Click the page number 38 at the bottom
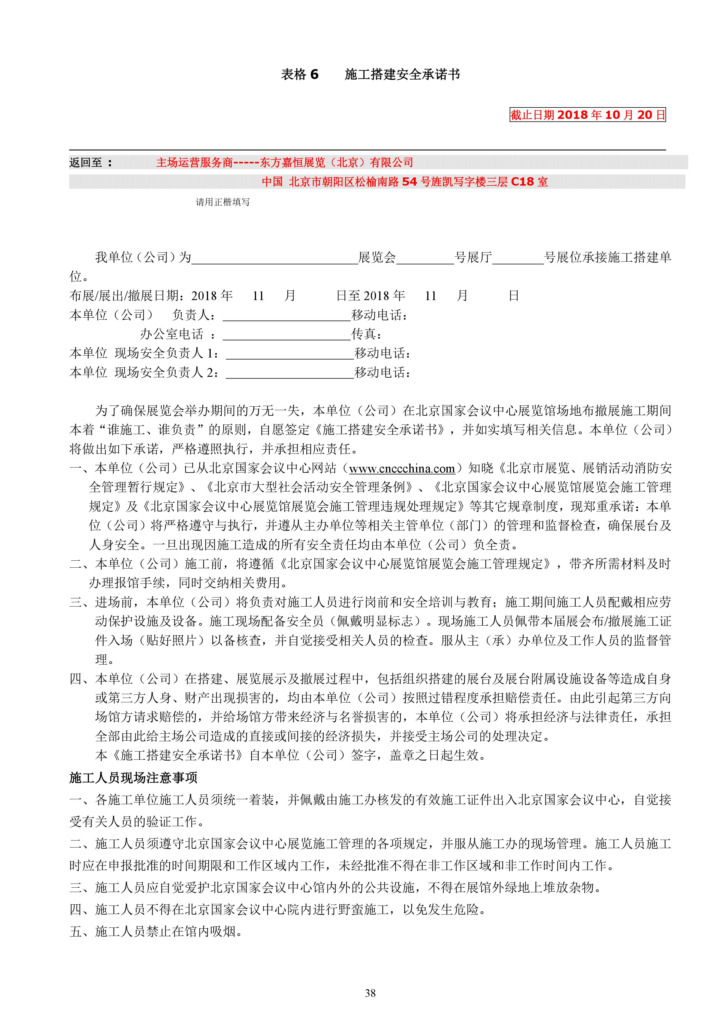[370, 1006]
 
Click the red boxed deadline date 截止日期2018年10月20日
[587, 115]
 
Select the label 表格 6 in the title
[300, 74]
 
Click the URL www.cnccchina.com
[401, 469]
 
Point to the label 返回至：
[90, 162]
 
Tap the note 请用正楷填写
[223, 202]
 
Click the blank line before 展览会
[274, 259]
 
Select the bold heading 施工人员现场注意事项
[133, 777]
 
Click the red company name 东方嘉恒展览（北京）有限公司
[336, 162]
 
